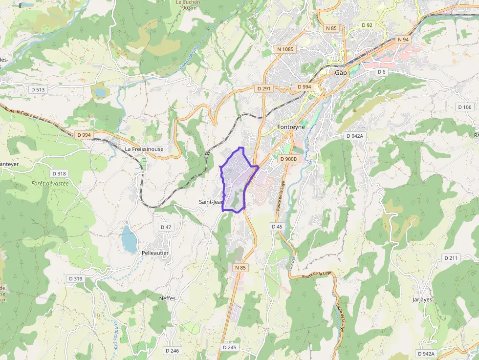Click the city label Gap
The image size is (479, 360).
point(341,73)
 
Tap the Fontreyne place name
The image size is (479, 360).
point(291,127)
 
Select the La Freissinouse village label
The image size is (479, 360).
point(144,149)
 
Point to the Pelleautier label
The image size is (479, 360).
point(155,253)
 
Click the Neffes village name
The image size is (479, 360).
point(167,298)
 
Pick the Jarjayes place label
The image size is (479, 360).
point(422,299)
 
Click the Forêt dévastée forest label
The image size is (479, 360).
point(50,183)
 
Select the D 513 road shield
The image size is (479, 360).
point(38,89)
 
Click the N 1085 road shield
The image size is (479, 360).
point(285,49)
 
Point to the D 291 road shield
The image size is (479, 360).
point(263,88)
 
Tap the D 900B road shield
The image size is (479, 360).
point(288,159)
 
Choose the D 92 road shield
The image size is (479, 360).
point(367,25)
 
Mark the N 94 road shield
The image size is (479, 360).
point(403,40)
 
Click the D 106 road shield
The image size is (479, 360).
point(464,107)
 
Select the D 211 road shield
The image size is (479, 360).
point(451,257)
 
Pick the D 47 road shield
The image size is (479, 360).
point(166,227)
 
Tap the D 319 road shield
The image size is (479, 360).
point(76,278)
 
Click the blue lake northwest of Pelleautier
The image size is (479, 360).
point(130,239)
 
